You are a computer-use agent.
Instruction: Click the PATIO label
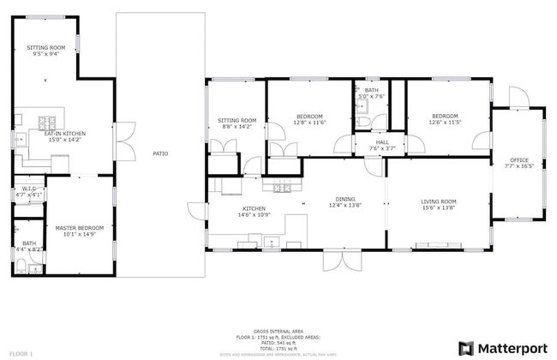(x=160, y=153)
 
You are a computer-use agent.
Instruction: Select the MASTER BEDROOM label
(x=79, y=227)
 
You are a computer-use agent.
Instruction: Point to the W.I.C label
(x=28, y=189)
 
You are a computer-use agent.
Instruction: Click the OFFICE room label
(x=520, y=160)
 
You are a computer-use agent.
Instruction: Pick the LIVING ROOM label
(x=438, y=201)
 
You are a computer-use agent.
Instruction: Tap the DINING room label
(x=346, y=199)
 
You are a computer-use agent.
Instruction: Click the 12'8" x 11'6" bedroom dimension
(x=309, y=123)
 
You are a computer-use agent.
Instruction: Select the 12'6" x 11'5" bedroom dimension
(x=445, y=123)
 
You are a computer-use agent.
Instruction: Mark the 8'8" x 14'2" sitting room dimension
(x=237, y=126)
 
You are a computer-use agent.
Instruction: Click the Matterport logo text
(x=512, y=347)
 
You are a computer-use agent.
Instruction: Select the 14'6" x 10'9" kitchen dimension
(x=254, y=214)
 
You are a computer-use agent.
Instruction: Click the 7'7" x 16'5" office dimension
(x=520, y=166)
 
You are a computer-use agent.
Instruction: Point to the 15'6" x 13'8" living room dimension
(x=438, y=207)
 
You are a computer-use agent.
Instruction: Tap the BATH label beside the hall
(x=371, y=90)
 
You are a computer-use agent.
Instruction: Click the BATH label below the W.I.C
(x=29, y=243)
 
